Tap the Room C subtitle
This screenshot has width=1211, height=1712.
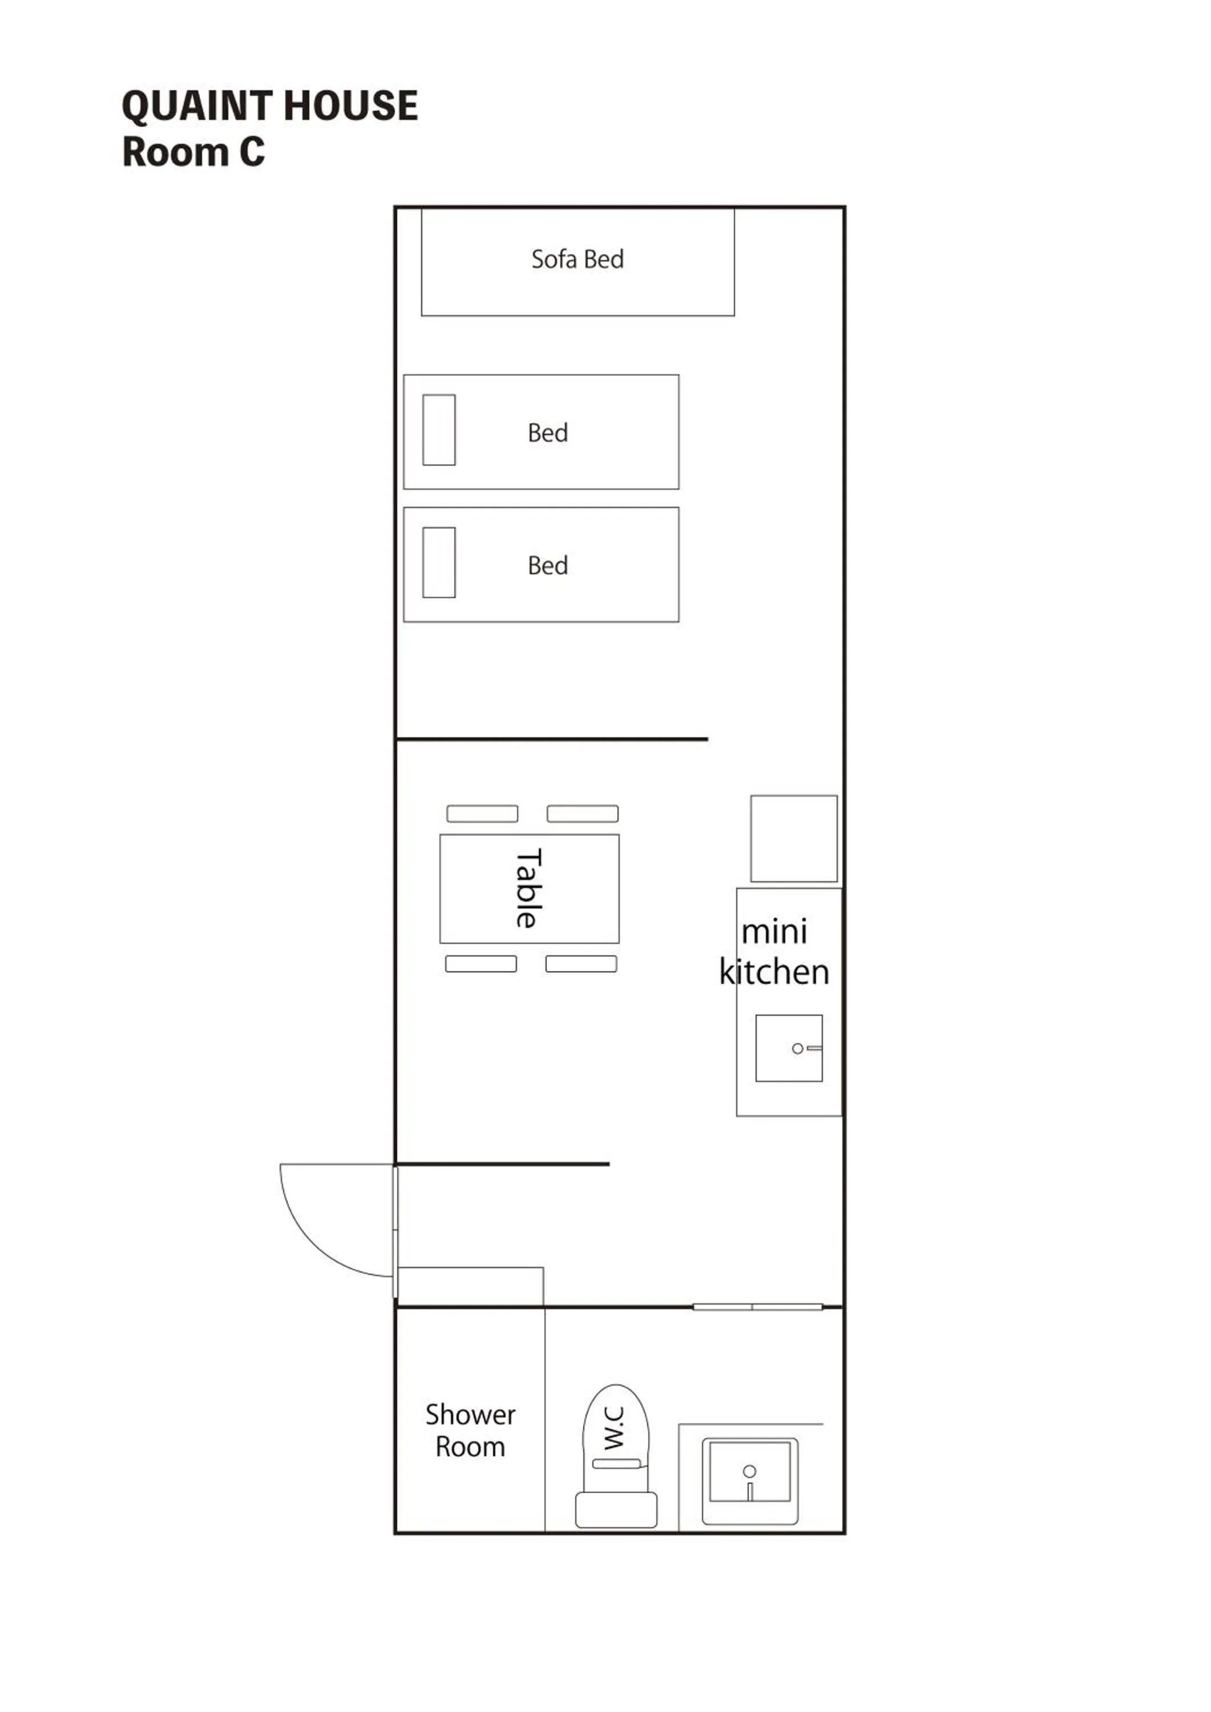tap(193, 152)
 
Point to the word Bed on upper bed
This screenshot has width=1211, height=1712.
tap(547, 433)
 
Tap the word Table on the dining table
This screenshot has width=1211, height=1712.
tap(528, 888)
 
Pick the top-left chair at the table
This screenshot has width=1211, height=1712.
tap(482, 814)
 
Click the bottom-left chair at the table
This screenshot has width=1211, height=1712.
tap(481, 964)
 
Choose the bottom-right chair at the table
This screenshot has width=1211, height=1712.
tap(581, 964)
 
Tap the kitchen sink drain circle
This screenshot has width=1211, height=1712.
tap(797, 1048)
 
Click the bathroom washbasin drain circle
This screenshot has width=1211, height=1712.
tap(749, 1471)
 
